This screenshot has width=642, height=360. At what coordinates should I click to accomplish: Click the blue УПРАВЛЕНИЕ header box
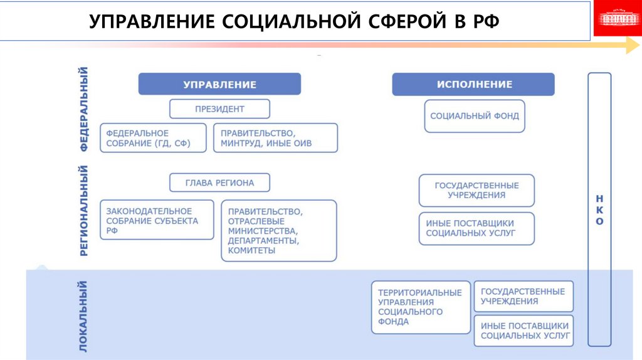(x=219, y=84)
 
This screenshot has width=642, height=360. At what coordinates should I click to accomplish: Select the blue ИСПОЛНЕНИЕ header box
(x=473, y=84)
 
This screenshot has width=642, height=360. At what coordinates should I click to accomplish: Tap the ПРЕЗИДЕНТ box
(x=219, y=109)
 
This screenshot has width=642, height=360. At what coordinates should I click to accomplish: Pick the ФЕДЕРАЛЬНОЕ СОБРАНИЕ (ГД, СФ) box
(x=153, y=138)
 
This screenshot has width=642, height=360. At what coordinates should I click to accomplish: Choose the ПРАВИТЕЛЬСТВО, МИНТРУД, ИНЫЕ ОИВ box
(x=275, y=138)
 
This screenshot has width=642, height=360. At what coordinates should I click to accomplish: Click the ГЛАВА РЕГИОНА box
(x=219, y=183)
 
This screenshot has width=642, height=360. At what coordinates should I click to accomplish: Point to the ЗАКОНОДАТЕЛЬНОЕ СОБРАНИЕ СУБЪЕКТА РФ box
(x=157, y=220)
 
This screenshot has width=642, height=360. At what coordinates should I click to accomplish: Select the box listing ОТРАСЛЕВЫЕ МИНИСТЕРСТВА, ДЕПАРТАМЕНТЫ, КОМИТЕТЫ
(x=278, y=231)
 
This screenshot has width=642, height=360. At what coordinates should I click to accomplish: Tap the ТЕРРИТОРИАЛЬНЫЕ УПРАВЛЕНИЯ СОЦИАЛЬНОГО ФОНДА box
(x=420, y=307)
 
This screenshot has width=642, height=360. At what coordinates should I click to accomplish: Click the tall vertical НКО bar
(x=599, y=209)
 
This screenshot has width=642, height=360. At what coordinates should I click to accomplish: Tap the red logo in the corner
(x=617, y=19)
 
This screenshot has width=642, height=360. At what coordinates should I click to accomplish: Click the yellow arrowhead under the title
(x=632, y=46)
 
